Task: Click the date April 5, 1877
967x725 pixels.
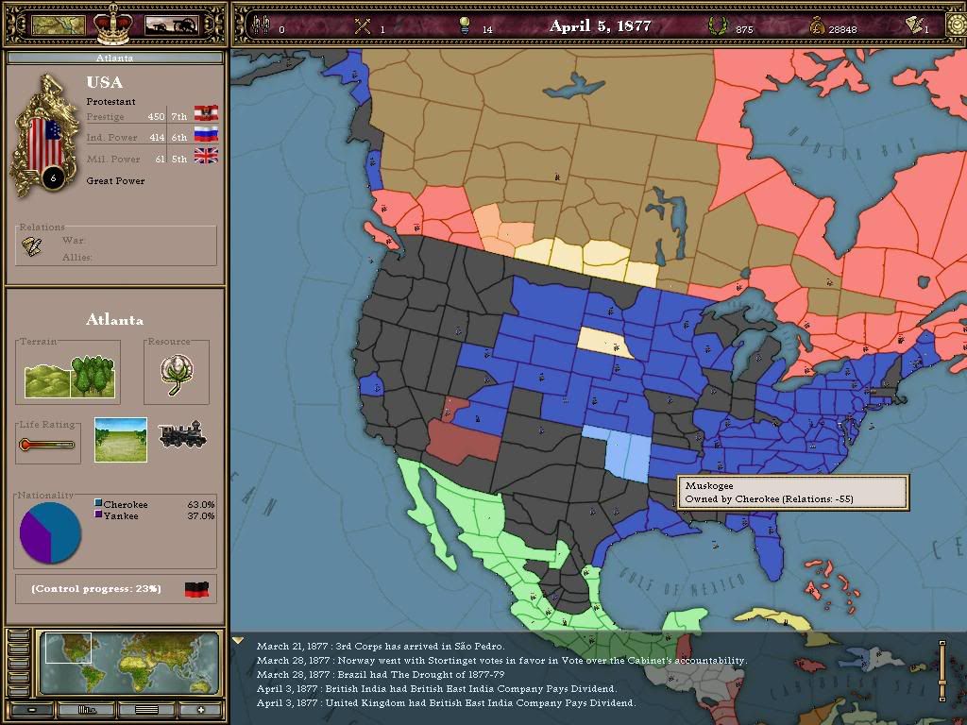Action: coord(600,26)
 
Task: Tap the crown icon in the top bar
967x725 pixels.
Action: coord(112,24)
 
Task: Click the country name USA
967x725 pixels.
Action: coord(105,82)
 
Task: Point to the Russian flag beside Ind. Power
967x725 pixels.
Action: coord(206,135)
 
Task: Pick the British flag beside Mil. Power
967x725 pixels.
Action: coord(206,157)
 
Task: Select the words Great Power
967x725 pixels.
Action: coord(116,180)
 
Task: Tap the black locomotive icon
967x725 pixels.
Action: coord(181,435)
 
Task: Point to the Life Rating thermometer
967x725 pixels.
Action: coord(46,445)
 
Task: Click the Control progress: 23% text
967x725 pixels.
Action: coord(96,588)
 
